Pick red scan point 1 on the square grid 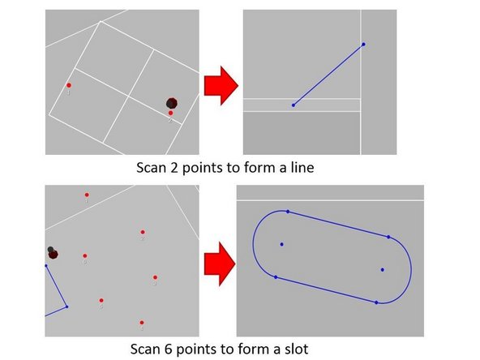(x=69, y=85)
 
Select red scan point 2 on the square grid (x=170, y=113)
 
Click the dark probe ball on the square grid (x=172, y=103)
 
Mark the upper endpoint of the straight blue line (x=363, y=44)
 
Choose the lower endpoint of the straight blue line (x=294, y=105)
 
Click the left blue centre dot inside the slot (x=282, y=244)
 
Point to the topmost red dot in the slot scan (x=87, y=195)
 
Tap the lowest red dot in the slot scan (x=142, y=323)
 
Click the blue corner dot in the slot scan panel (x=66, y=306)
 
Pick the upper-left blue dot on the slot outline (x=288, y=212)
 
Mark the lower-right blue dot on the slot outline (x=376, y=302)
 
